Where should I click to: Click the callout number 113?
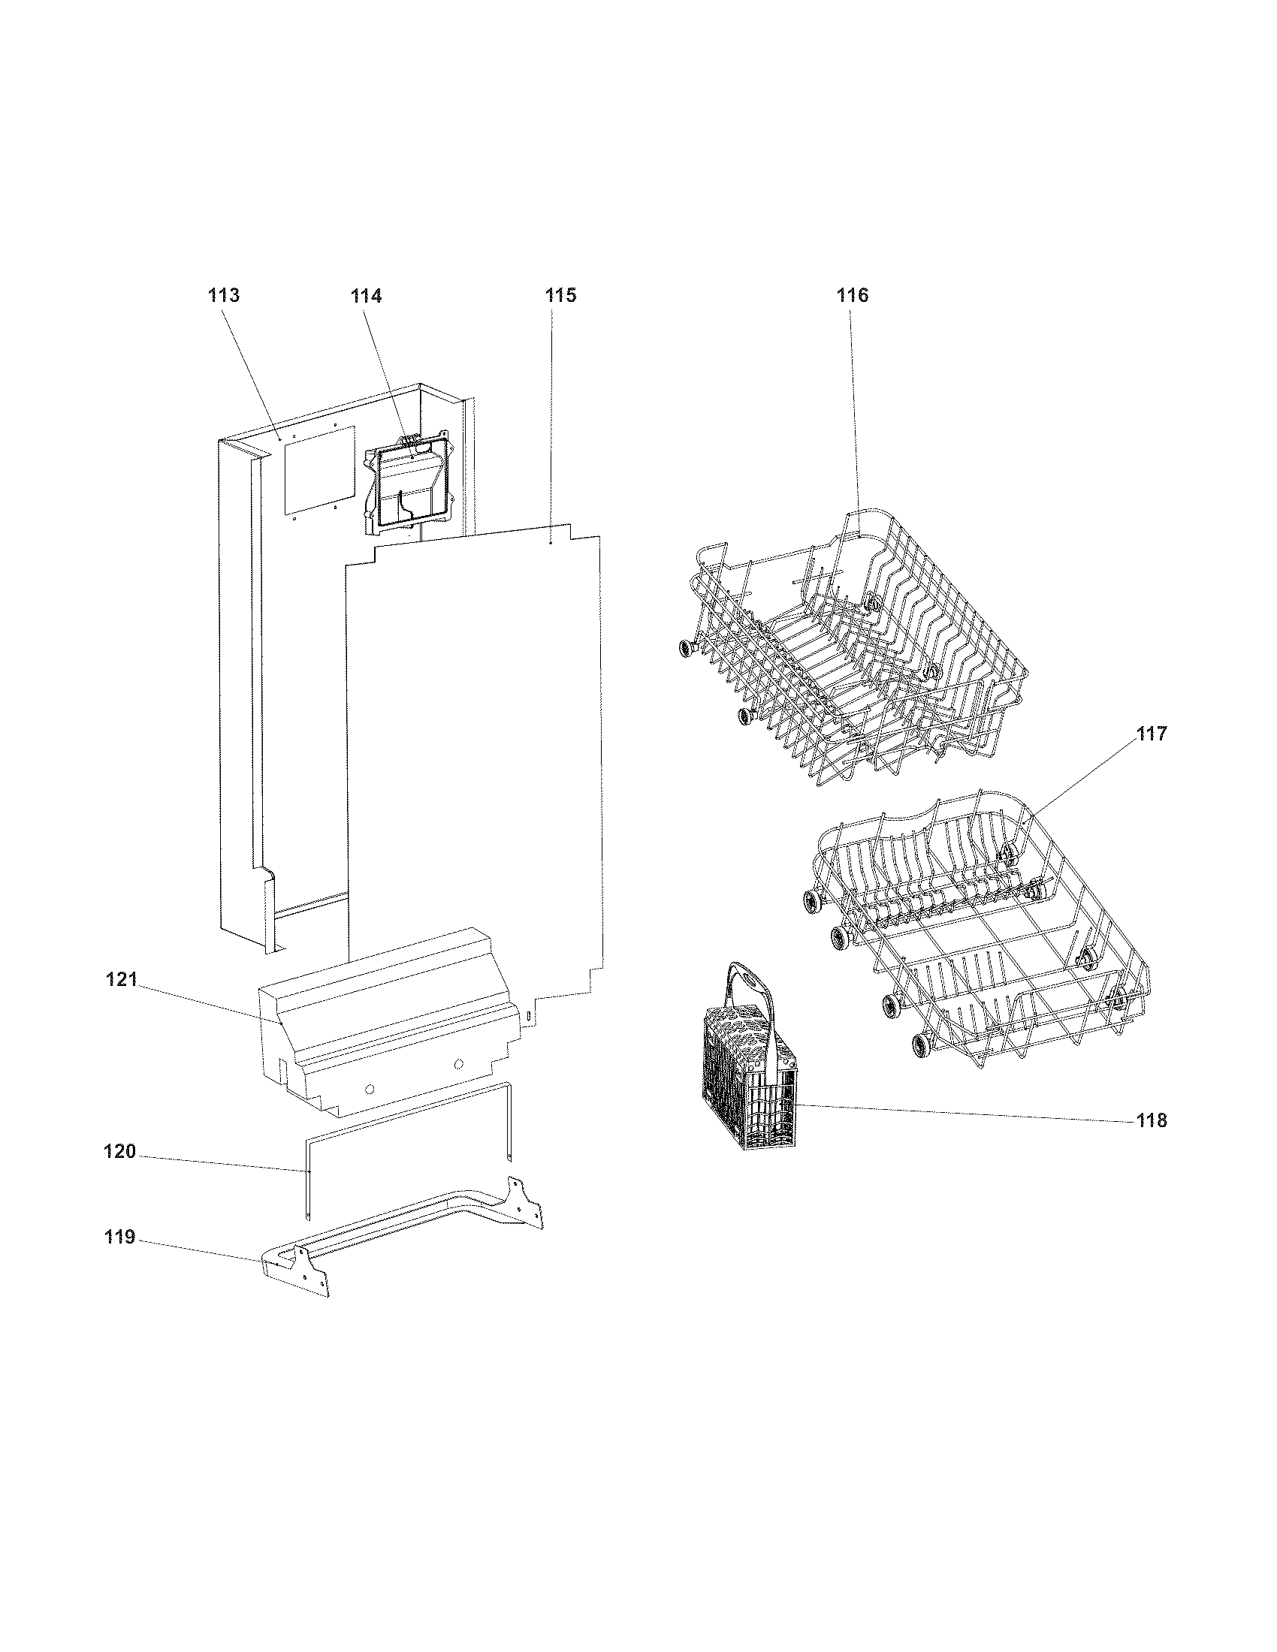[x=224, y=295]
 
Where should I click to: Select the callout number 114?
[x=365, y=296]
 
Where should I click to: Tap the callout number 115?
[x=560, y=295]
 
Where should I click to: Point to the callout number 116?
[x=853, y=295]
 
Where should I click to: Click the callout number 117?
[x=1151, y=733]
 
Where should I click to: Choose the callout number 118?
[x=1152, y=1120]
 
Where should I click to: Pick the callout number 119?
[x=119, y=1237]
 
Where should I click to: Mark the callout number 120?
[x=119, y=1152]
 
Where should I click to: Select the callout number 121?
[x=121, y=979]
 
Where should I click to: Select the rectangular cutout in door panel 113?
[x=318, y=473]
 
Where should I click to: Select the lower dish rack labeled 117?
[x=976, y=930]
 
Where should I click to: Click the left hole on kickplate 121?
[x=368, y=1088]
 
